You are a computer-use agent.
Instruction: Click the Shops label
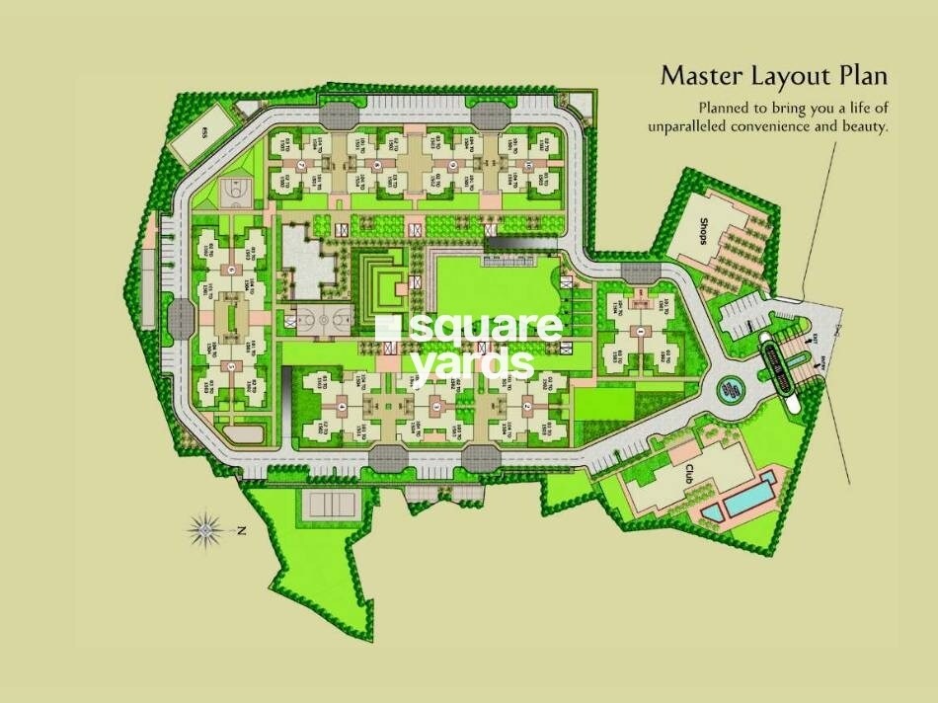tap(701, 236)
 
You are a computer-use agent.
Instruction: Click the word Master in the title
tap(702, 76)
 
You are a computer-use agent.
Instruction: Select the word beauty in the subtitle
tap(862, 126)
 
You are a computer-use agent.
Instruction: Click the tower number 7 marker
tap(299, 165)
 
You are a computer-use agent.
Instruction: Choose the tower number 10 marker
tap(528, 165)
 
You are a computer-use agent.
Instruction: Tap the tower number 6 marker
tap(230, 269)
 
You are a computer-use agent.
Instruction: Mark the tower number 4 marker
tap(342, 406)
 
